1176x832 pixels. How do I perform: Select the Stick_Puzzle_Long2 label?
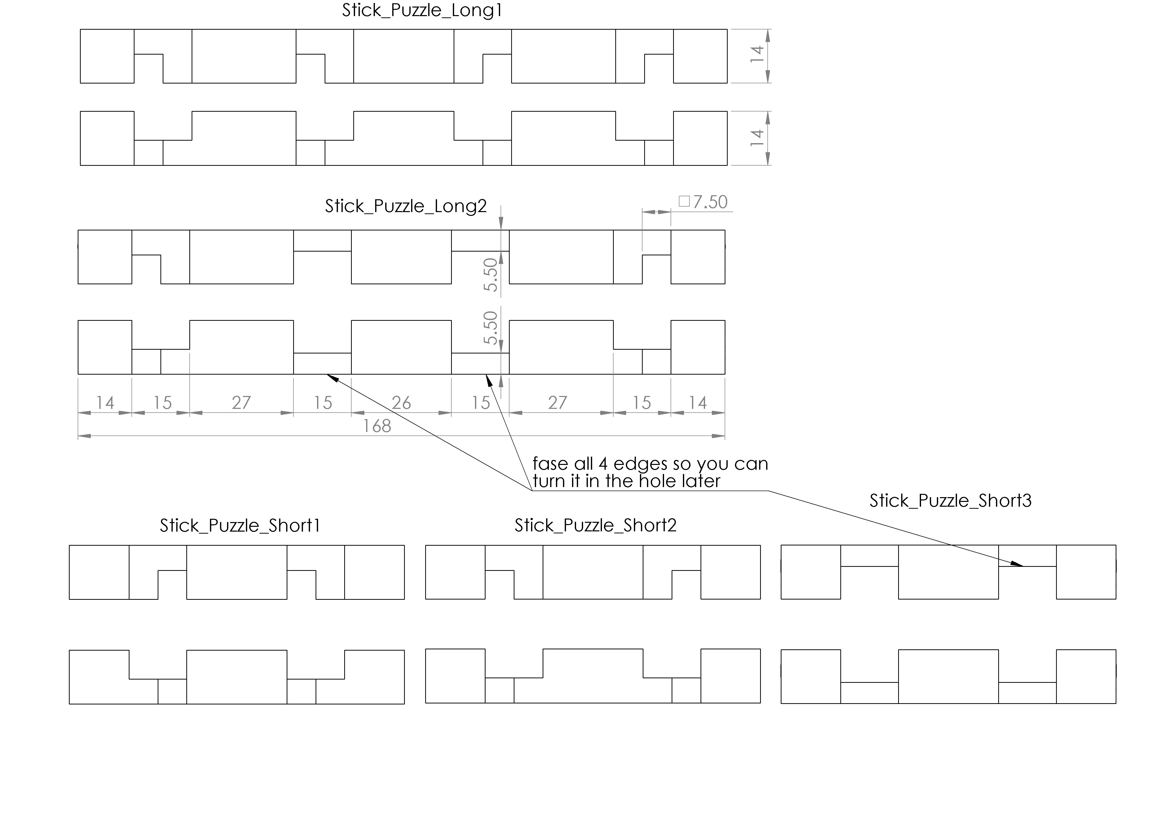click(406, 206)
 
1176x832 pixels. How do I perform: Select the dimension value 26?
click(402, 403)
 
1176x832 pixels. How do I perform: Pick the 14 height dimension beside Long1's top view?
click(757, 54)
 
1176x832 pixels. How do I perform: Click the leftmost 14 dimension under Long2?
click(105, 403)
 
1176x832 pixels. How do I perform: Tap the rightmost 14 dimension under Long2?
click(698, 403)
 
